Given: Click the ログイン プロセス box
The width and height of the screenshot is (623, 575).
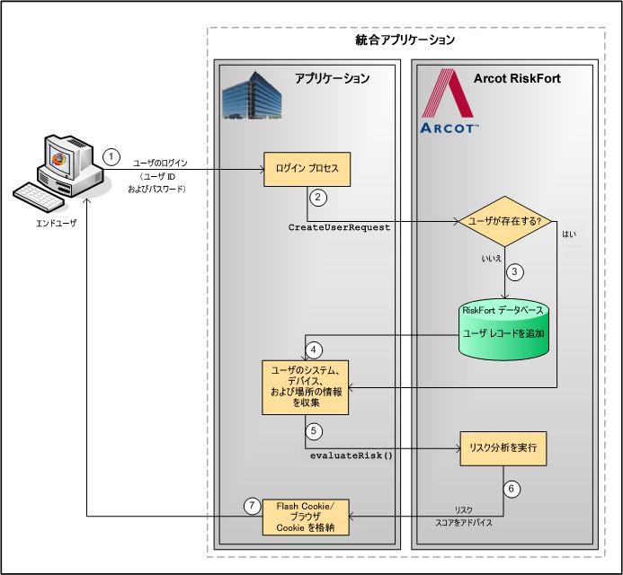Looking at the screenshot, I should [306, 168].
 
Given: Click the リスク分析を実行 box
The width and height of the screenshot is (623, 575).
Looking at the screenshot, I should [503, 447].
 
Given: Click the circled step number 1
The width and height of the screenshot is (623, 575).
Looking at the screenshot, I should [111, 155].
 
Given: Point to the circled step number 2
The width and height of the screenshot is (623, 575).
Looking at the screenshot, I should [317, 196].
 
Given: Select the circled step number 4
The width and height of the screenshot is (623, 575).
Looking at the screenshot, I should [314, 349].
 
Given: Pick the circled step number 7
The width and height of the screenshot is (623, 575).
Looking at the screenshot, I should [253, 505].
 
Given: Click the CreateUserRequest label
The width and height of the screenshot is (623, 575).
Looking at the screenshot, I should [339, 228].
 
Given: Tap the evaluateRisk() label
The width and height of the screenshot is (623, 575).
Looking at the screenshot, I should [352, 456].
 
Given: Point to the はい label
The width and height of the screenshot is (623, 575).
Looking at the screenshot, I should [569, 234].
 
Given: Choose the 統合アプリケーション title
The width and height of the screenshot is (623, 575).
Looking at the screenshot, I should [405, 40].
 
